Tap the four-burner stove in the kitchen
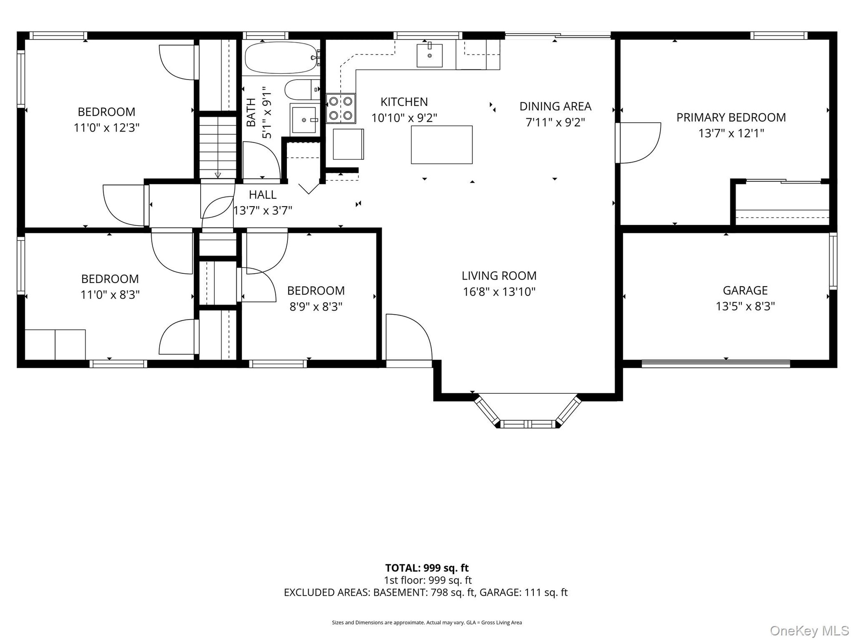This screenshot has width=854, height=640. (341, 108)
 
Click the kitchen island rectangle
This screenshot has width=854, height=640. (442, 145)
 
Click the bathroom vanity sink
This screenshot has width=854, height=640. (304, 120)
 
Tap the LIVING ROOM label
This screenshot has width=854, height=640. (499, 276)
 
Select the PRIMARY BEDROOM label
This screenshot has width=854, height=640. (731, 117)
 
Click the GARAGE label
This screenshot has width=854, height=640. (745, 290)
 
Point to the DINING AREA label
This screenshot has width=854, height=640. (556, 106)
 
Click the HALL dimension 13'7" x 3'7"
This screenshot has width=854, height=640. (263, 210)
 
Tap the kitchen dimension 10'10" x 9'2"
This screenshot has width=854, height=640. (404, 118)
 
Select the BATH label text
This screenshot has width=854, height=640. (251, 112)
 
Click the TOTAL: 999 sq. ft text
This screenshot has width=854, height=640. (427, 568)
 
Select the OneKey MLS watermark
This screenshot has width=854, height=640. (810, 631)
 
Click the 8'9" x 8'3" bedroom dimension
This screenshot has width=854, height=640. (316, 307)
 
